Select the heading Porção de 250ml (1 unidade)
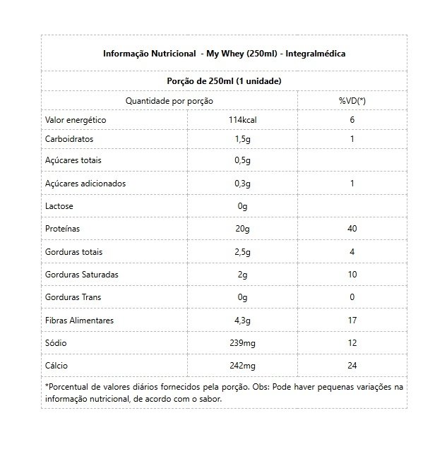(x=224, y=81)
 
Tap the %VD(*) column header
(x=352, y=101)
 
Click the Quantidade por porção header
(x=169, y=101)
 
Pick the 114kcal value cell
(x=242, y=120)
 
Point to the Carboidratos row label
(x=69, y=139)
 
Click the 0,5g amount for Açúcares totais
(x=242, y=161)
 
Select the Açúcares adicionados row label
(x=85, y=183)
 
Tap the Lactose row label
(x=59, y=206)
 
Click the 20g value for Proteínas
(x=242, y=229)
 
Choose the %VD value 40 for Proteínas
(x=352, y=229)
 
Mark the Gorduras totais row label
(x=73, y=251)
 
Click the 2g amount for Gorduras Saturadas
(x=242, y=274)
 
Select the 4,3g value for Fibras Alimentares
(x=242, y=321)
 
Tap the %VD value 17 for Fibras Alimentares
(x=352, y=321)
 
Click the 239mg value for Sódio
(x=242, y=342)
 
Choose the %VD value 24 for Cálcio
(x=352, y=366)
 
